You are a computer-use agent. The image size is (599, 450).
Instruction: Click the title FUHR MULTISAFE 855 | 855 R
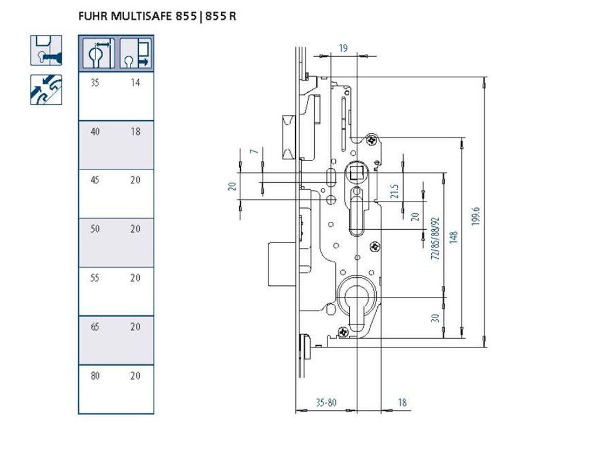(x=157, y=16)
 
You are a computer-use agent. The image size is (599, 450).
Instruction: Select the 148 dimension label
(x=454, y=237)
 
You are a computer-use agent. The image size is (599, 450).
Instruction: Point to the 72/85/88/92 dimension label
(x=435, y=239)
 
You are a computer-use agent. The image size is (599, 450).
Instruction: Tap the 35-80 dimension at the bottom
(x=326, y=403)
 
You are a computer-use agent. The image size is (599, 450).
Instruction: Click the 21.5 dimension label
(x=395, y=191)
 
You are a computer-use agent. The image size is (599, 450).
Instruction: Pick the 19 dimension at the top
(x=343, y=48)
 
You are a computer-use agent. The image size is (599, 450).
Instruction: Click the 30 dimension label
(x=435, y=318)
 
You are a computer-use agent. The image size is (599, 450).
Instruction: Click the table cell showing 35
(x=95, y=83)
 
